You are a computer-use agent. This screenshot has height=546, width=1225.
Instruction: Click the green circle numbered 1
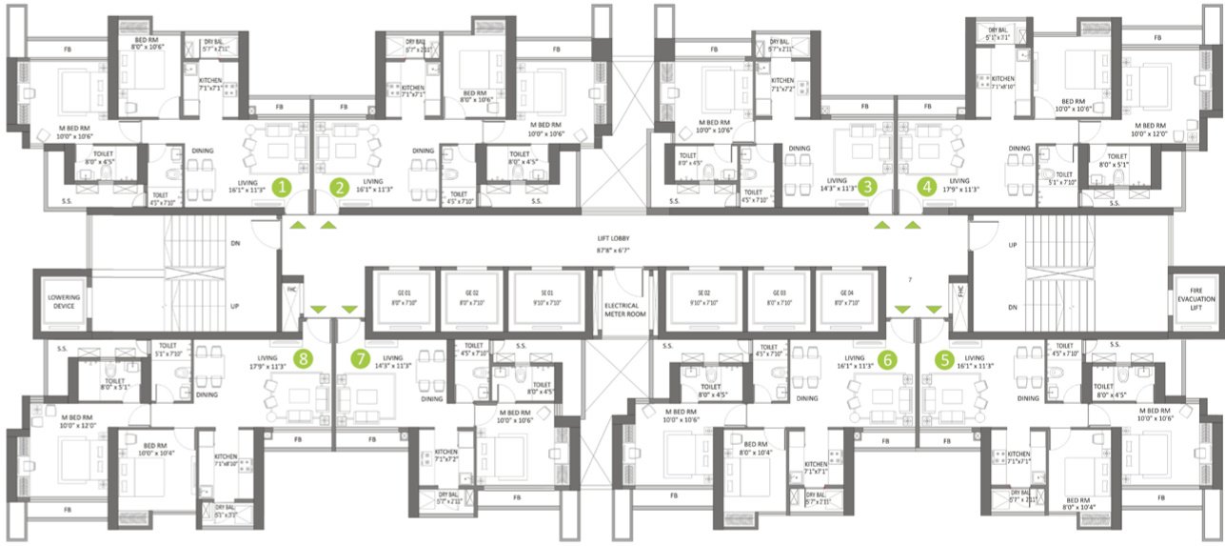[x=281, y=187]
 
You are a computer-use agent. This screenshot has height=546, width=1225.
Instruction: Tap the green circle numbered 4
[x=927, y=187]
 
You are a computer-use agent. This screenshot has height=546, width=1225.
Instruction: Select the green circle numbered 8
[x=304, y=358]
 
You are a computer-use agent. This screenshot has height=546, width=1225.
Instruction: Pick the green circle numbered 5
[x=945, y=359]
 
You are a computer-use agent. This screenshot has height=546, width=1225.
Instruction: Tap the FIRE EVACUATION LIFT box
[x=1195, y=299]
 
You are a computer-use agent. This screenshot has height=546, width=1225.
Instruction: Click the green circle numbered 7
[x=359, y=359]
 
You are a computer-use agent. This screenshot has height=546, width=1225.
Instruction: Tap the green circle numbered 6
[x=886, y=359]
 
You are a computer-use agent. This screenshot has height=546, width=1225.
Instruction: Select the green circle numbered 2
[x=338, y=187]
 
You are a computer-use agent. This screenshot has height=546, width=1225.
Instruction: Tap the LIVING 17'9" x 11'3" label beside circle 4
[x=957, y=185]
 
